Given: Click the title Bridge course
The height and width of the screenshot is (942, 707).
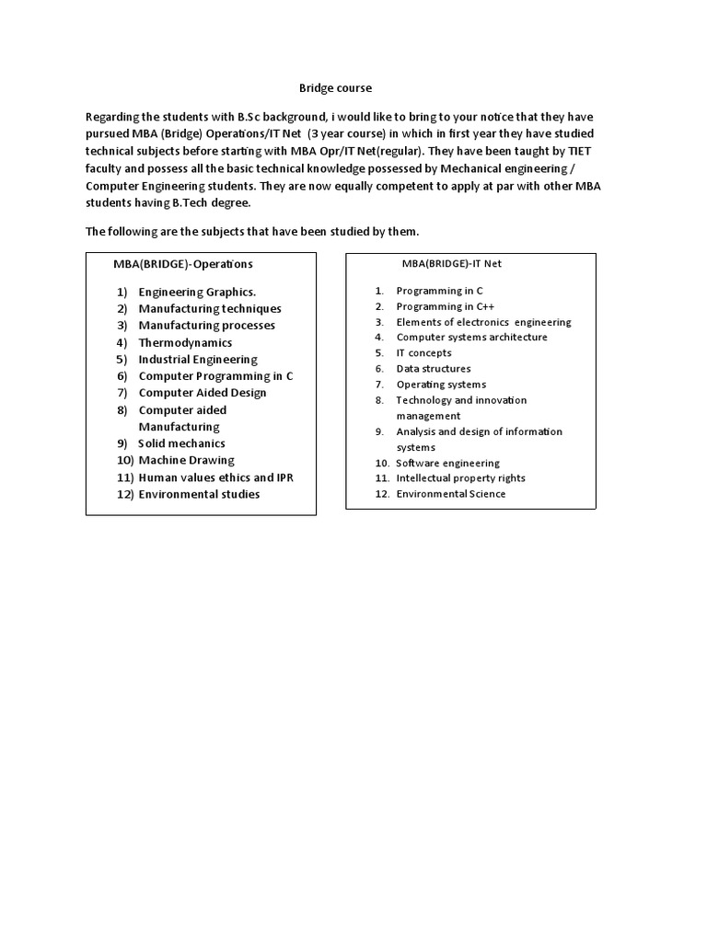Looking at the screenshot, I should (x=335, y=88).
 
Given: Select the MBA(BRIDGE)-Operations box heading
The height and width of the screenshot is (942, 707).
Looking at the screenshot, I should (x=183, y=264).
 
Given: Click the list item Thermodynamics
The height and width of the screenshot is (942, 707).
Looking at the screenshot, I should (x=186, y=342).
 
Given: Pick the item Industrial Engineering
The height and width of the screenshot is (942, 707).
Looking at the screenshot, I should (x=198, y=360).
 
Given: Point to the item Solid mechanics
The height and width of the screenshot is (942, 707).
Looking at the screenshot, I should (x=181, y=443).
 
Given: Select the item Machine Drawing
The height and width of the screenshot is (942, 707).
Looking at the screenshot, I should (x=186, y=460).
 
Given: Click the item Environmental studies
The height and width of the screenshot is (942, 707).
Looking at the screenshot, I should (x=199, y=494).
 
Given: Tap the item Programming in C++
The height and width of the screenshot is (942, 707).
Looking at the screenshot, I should (x=438, y=306).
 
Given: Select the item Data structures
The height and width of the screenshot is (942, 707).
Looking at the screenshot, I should (x=433, y=369).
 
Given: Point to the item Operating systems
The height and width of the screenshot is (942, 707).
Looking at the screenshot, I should (x=441, y=385).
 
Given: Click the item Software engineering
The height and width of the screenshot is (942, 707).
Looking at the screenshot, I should (x=447, y=464).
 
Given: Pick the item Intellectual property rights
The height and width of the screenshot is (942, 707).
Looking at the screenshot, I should (x=460, y=478).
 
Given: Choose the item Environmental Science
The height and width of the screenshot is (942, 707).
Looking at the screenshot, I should (x=450, y=494).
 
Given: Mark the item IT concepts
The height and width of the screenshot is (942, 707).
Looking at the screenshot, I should (x=423, y=353).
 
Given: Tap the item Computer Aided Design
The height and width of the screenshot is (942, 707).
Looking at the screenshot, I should (x=203, y=393).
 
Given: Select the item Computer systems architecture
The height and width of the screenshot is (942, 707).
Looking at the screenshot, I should (x=471, y=338).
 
